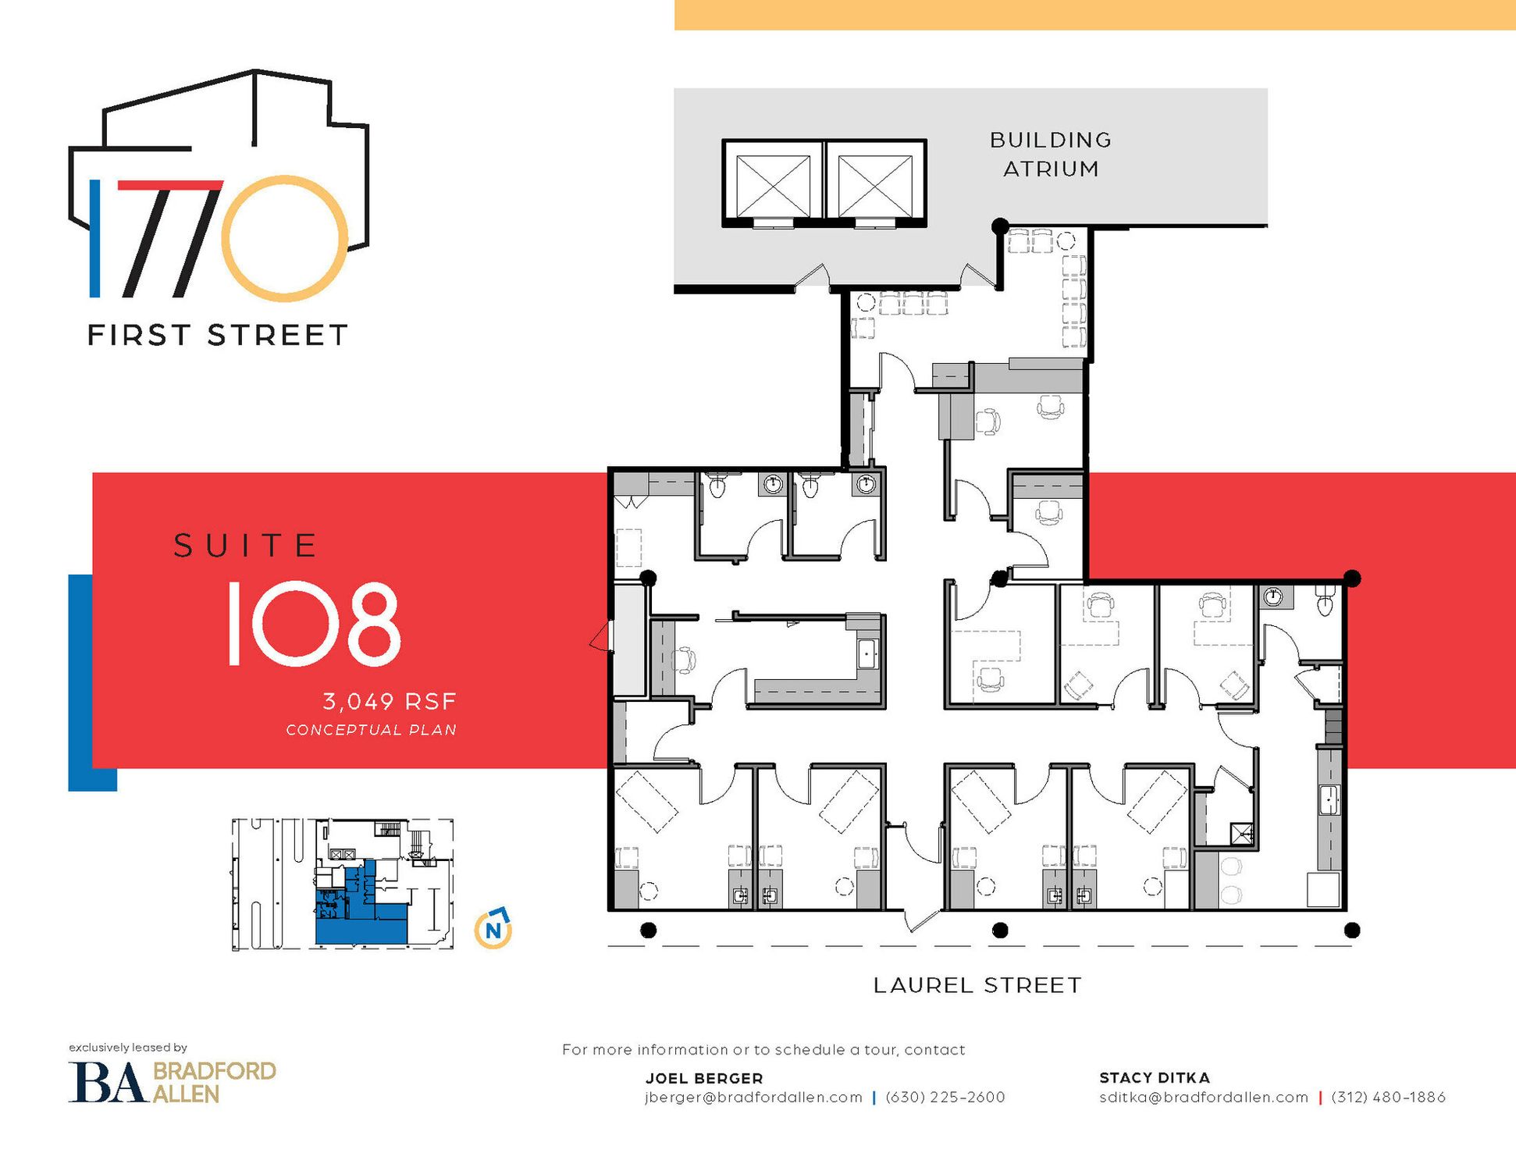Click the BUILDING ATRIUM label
pos(1051,155)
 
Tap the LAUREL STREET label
pos(977,985)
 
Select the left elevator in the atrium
pos(773,184)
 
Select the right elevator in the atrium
pos(875,184)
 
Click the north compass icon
pos(493,928)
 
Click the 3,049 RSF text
pos(390,702)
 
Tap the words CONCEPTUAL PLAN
pos(371,730)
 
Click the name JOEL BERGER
pos(704,1078)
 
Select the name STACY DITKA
pos(1155,1078)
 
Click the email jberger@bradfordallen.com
pos(753,1098)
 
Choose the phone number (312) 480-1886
pos(1389,1098)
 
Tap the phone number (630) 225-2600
pos(945,1098)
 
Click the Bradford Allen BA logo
pos(173,1082)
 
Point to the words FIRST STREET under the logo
pos(217,335)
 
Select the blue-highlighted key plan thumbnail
pos(343,884)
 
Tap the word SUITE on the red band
pos(245,546)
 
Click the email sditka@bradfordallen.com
pos(1204,1098)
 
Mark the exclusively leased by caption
pos(128,1048)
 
